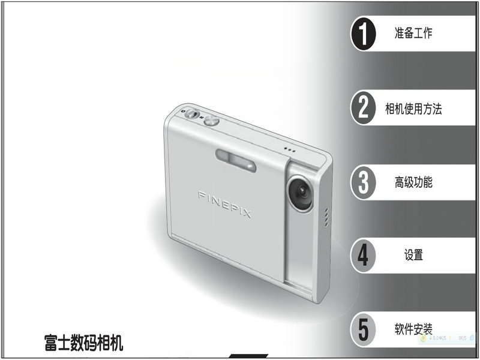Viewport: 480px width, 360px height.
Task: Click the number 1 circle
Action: click(x=364, y=34)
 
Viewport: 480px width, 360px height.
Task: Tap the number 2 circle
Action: click(x=364, y=107)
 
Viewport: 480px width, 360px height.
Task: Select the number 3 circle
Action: click(x=364, y=182)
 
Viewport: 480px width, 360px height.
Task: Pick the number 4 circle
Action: click(x=364, y=256)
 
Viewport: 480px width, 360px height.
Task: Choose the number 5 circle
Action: click(x=364, y=329)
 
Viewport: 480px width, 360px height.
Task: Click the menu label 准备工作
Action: click(x=413, y=33)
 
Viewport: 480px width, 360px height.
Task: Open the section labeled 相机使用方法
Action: click(x=413, y=109)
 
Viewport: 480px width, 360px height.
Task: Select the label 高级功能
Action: click(x=413, y=182)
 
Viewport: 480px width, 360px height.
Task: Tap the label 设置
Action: click(x=413, y=254)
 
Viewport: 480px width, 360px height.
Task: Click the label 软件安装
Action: click(x=413, y=329)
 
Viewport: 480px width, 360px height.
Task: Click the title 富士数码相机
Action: click(x=83, y=343)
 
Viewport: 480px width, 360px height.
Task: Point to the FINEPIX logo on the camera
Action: click(x=224, y=204)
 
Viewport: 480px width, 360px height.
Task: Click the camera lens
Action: click(x=300, y=192)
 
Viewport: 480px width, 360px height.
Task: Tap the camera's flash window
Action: click(x=236, y=160)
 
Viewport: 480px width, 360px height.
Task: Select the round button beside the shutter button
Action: click(x=212, y=121)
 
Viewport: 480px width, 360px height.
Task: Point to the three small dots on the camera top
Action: click(x=289, y=149)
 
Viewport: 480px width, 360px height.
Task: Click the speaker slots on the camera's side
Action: click(x=326, y=217)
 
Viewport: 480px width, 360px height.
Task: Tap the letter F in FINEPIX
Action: click(x=202, y=195)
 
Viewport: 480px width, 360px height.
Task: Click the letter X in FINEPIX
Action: click(x=247, y=214)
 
